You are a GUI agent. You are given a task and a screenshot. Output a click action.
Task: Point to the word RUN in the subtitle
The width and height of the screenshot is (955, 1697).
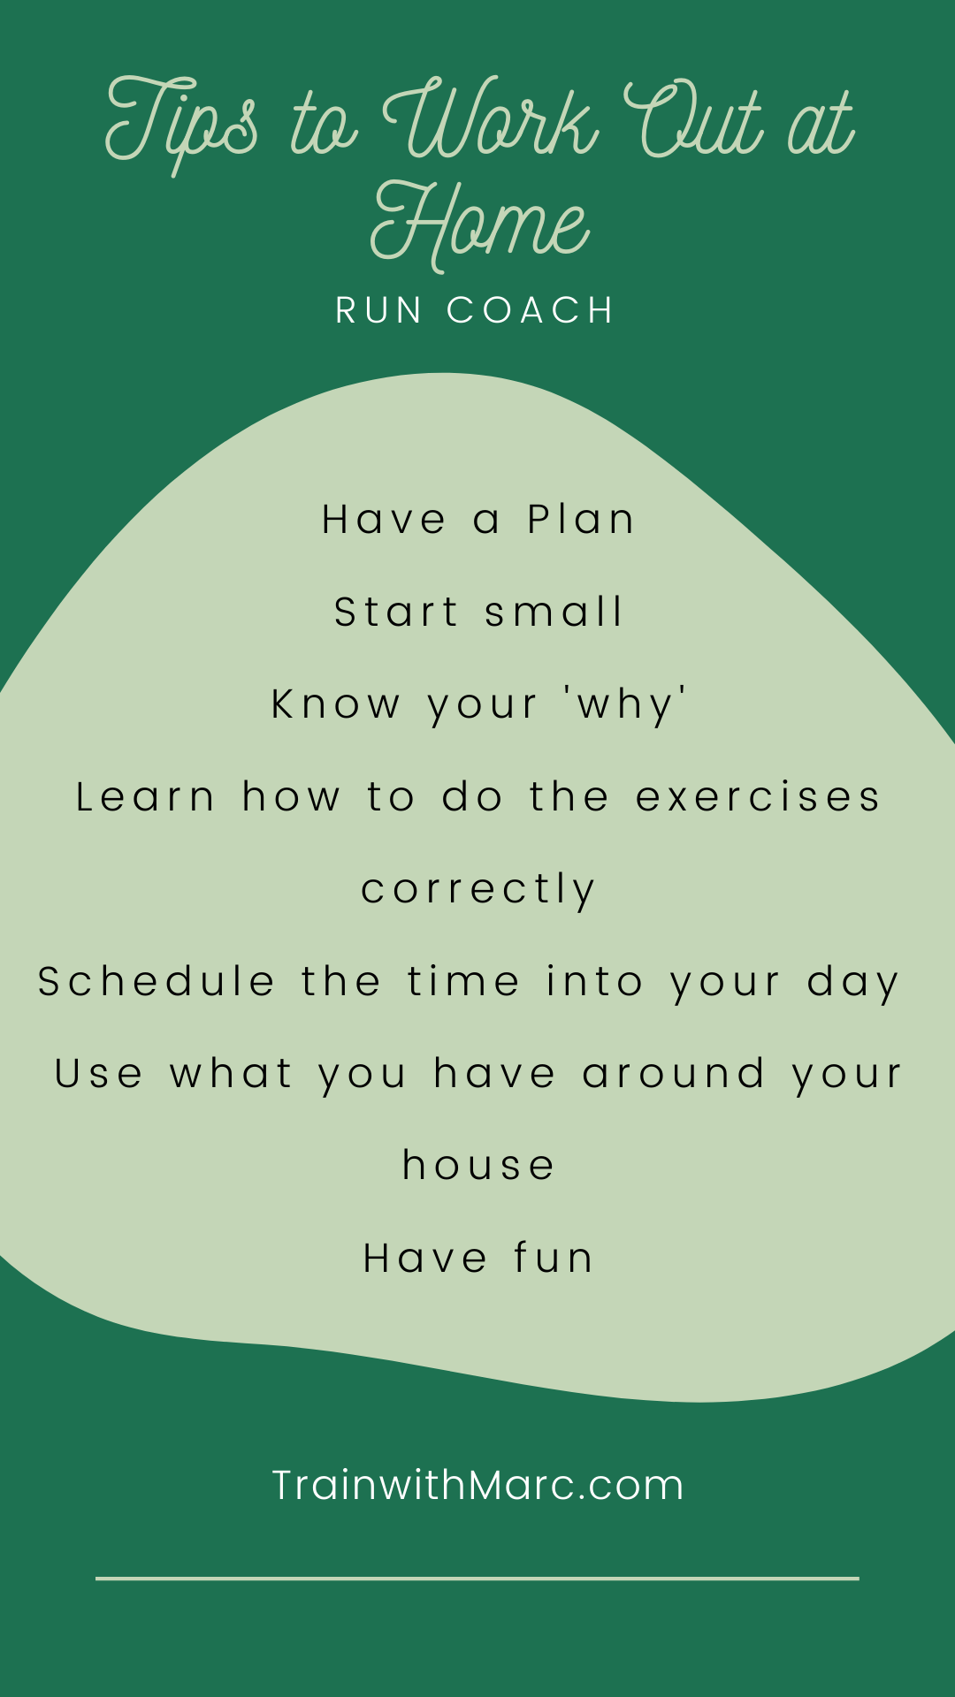378,310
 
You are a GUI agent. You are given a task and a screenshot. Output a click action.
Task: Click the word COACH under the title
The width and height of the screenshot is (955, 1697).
531,310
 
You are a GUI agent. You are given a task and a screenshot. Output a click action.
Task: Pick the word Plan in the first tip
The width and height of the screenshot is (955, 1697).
581,519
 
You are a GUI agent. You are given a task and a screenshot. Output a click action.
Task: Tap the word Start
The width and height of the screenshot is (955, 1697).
396,612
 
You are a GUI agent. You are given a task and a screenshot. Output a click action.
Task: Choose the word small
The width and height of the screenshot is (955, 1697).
554,612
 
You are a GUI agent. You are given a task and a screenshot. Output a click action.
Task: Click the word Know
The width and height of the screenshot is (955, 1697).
335,704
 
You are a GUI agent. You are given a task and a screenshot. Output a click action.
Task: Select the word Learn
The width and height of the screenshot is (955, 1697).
145,796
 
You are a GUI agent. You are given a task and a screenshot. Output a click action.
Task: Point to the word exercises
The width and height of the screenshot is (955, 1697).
759,796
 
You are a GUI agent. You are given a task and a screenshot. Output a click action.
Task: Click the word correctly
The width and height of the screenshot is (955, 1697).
478,890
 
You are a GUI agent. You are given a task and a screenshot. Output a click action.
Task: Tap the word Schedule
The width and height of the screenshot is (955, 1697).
156,981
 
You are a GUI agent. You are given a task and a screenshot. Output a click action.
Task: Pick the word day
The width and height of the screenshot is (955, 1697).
853,984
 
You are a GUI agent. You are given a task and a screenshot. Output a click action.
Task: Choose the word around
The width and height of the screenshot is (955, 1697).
674,1074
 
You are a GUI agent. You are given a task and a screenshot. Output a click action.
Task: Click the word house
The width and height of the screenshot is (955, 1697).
478,1166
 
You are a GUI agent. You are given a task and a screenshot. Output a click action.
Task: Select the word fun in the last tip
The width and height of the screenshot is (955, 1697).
554,1258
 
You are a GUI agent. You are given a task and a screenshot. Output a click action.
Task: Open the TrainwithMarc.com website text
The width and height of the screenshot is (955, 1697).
477,1485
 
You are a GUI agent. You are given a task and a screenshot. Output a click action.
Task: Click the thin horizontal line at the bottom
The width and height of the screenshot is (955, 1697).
477,1578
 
